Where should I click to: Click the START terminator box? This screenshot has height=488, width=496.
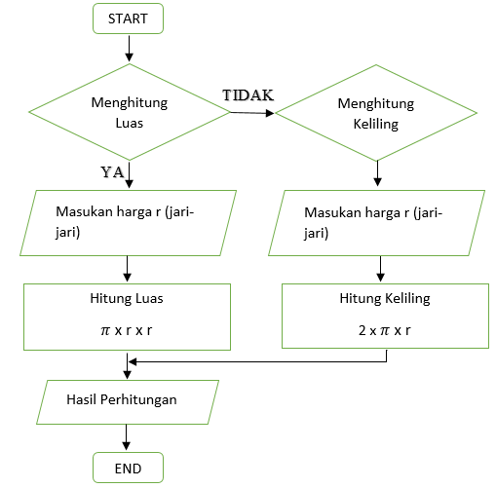click(128, 19)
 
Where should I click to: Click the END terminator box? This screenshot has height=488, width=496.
click(128, 469)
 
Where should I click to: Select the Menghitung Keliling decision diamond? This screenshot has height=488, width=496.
click(376, 112)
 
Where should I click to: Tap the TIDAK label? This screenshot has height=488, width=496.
click(248, 94)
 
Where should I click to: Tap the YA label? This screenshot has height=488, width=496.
click(112, 171)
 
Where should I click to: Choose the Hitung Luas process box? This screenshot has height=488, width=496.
click(128, 316)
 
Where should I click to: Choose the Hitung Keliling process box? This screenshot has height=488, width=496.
click(384, 316)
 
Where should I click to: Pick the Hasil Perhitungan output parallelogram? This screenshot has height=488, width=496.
click(128, 399)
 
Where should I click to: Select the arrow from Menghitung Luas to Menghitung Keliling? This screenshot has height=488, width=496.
click(251, 112)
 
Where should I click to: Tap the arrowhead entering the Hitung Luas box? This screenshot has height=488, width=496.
click(128, 278)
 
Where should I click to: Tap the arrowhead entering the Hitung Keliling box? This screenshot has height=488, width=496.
click(380, 278)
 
